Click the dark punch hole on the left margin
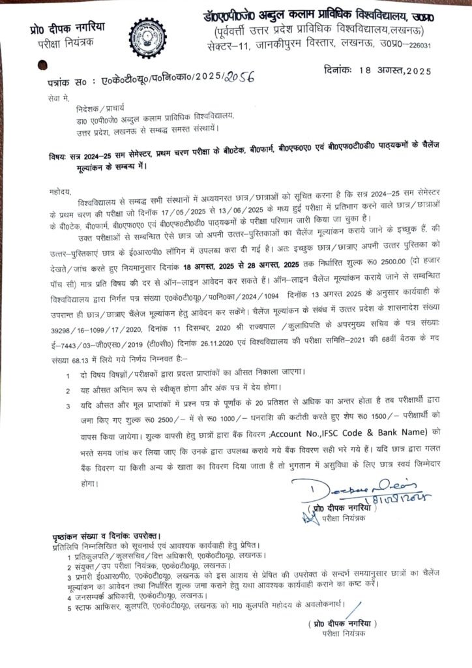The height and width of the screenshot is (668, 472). pos(44,66)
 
